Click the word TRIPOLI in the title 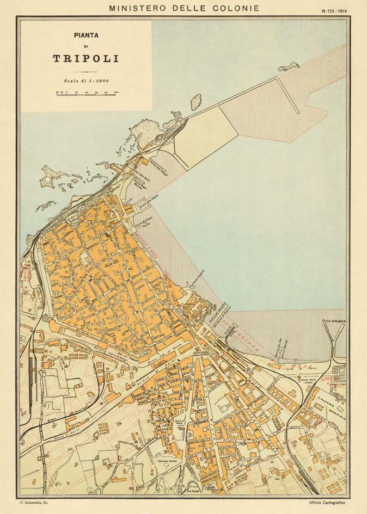(86, 59)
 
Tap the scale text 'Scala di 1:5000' (86, 81)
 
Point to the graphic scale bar (86, 94)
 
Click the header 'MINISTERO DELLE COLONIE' (183, 8)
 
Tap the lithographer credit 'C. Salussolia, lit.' (36, 502)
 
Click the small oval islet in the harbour (196, 102)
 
